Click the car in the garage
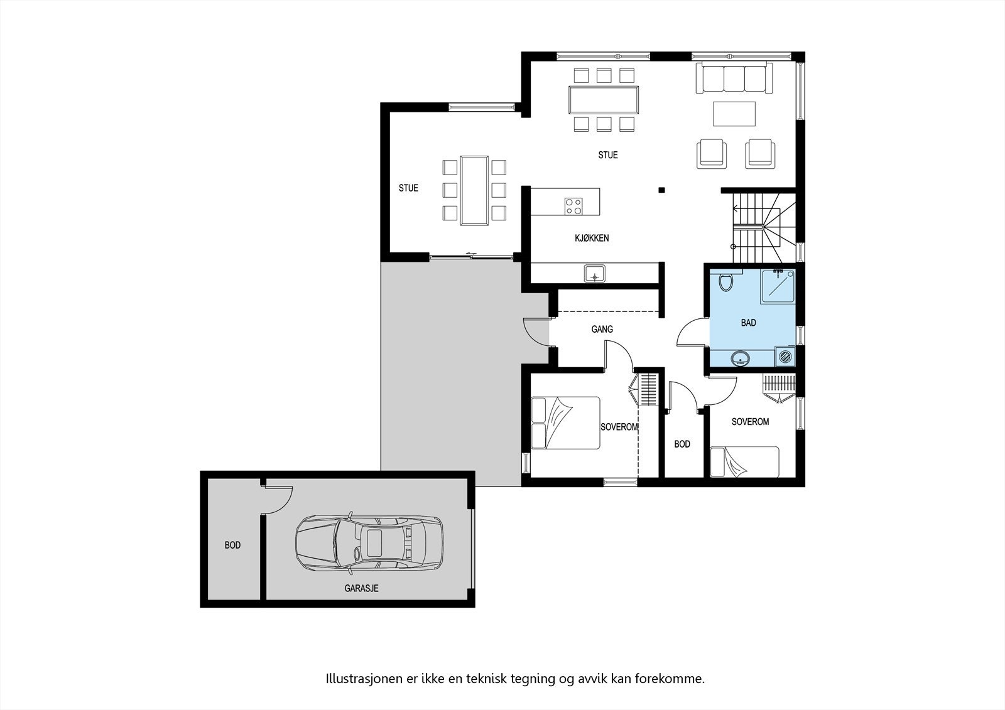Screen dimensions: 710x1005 (369, 543)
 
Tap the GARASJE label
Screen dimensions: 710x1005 (361, 589)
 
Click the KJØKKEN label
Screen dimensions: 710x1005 (591, 238)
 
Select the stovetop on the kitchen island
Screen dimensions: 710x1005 (573, 206)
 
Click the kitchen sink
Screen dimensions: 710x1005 (594, 274)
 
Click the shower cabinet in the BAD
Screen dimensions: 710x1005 (778, 287)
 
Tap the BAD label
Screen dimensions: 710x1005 (748, 323)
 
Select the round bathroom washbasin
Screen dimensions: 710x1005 (741, 358)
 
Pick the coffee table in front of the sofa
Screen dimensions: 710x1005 (734, 114)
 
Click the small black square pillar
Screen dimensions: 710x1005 (661, 190)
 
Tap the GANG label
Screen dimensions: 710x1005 (602, 329)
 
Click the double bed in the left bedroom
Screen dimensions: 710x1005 (565, 422)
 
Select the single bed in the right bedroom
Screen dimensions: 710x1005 (744, 462)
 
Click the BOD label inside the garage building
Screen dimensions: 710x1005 (232, 545)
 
